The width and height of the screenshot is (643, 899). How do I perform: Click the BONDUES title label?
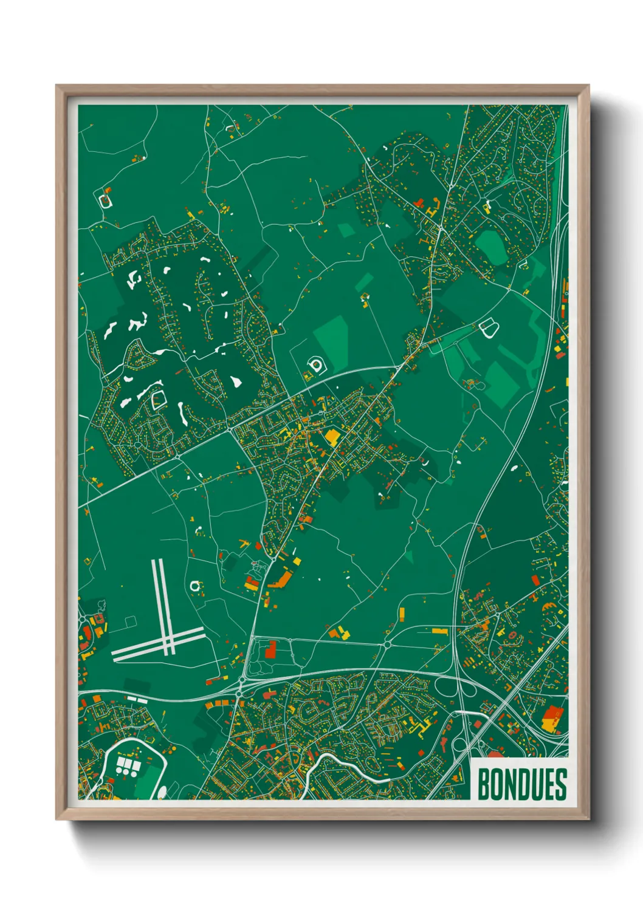pos(521,784)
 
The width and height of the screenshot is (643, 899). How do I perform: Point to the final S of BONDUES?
pos(560,784)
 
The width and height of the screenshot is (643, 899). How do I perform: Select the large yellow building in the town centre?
pos(332,436)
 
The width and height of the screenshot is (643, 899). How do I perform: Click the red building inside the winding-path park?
pos(270,649)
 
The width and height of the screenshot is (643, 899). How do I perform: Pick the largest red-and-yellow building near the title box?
pos(551,719)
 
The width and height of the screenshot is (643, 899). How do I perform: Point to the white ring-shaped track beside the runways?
pos(195,586)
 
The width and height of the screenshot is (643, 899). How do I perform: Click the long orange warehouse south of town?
pos(280,579)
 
